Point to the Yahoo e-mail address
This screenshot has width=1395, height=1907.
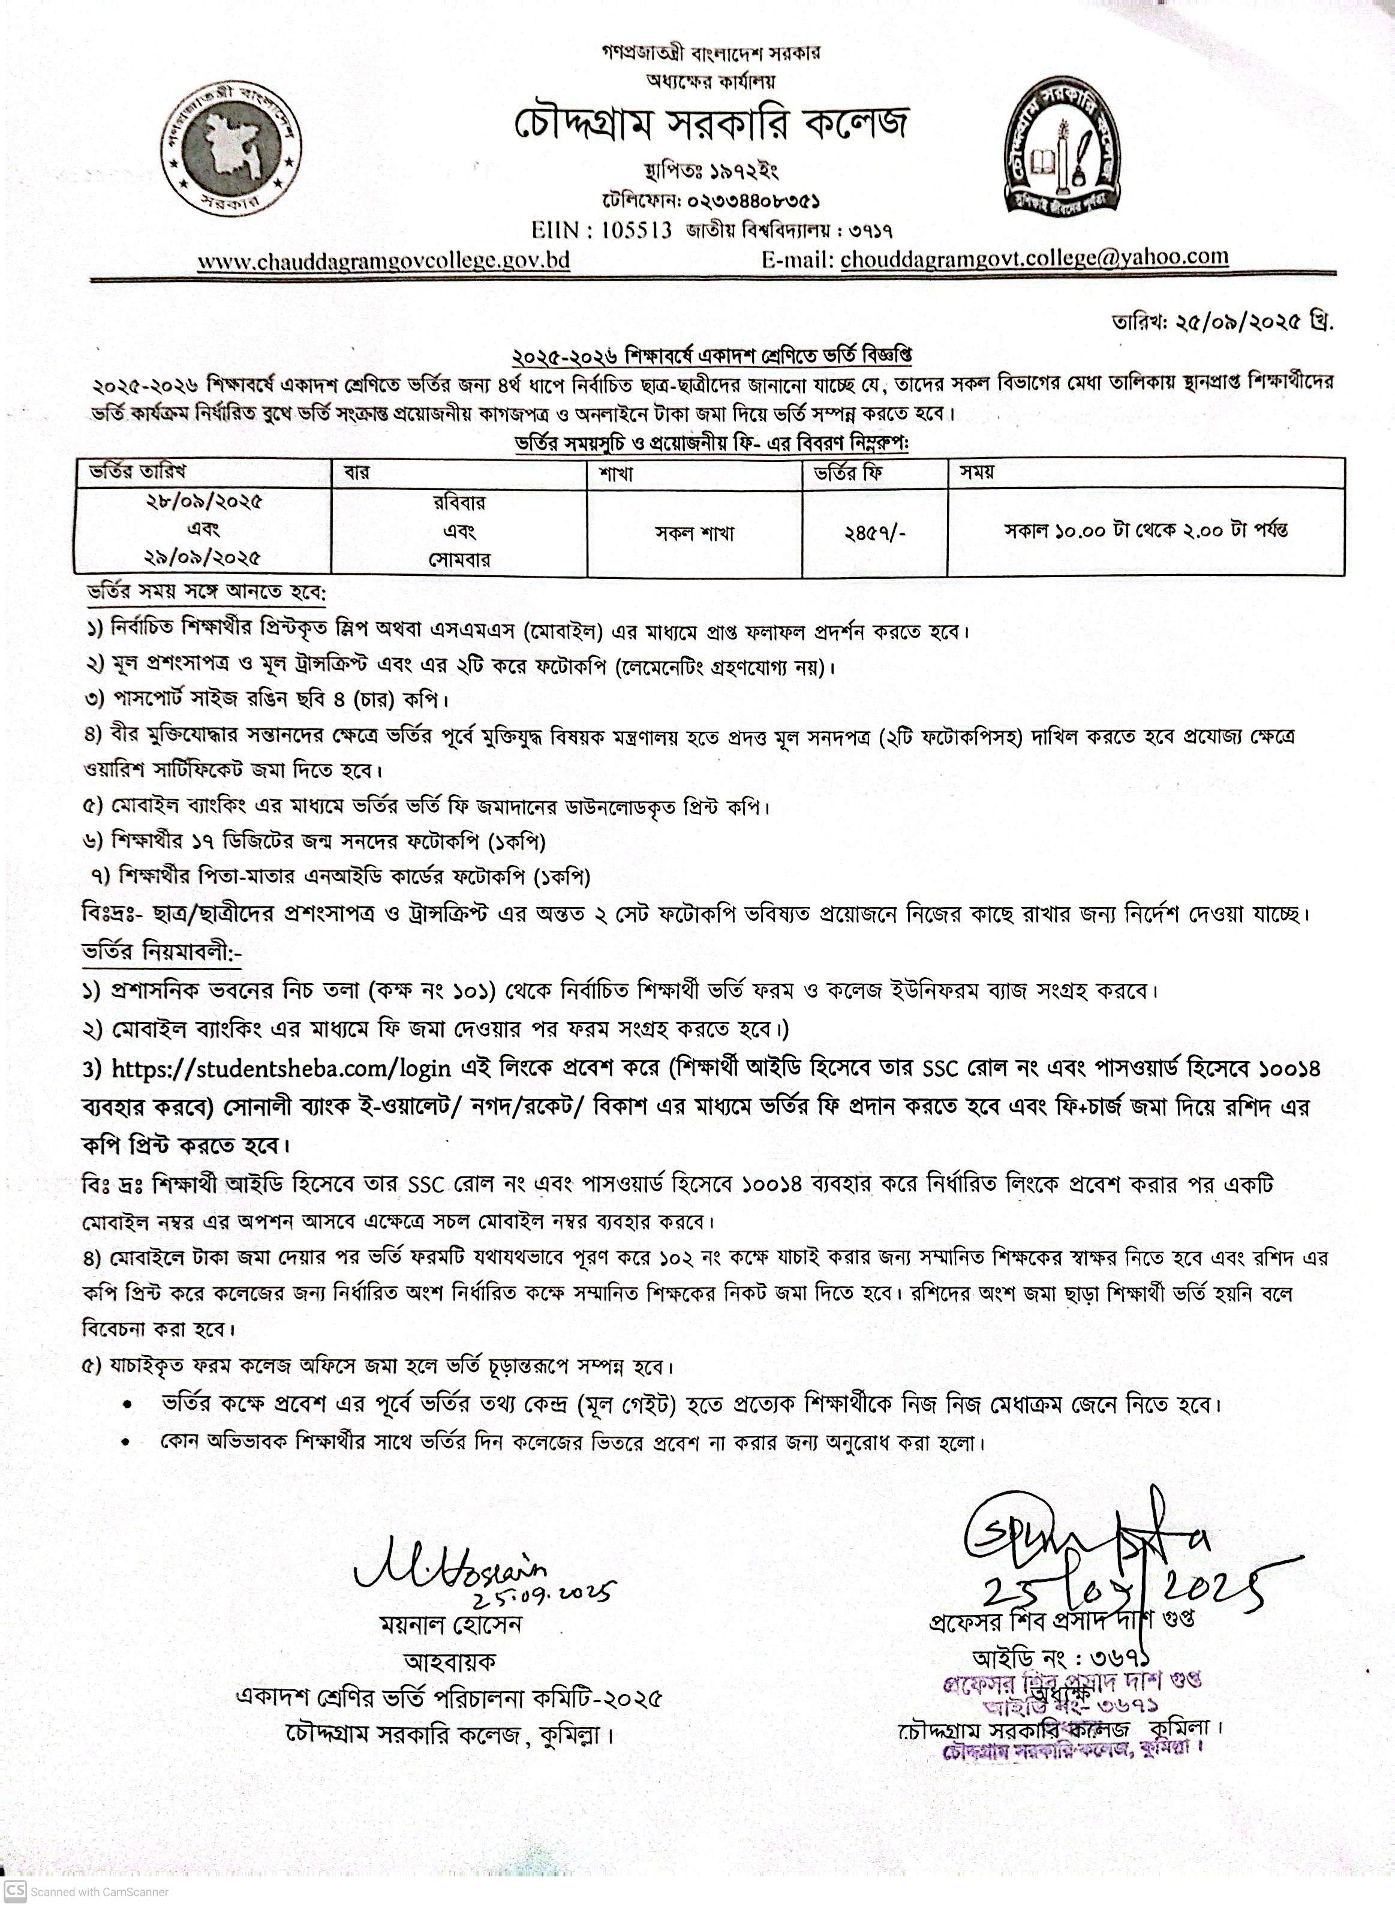coord(1035,257)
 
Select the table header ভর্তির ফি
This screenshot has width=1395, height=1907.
coord(849,472)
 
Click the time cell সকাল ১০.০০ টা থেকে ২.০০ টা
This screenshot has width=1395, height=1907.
coord(1145,531)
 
